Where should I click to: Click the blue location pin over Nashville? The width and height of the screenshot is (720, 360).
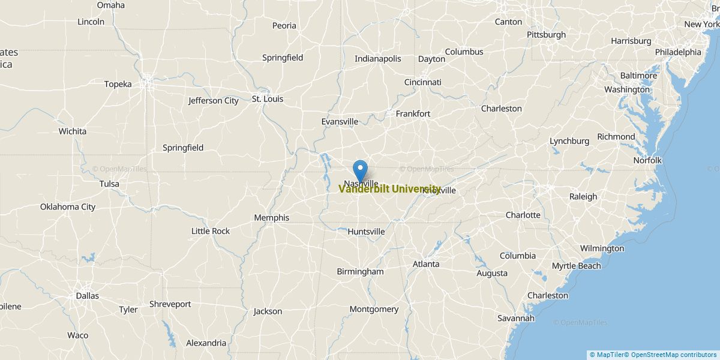click(360, 169)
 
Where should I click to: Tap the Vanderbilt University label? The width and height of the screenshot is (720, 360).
click(389, 189)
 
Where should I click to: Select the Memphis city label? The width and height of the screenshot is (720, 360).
click(271, 218)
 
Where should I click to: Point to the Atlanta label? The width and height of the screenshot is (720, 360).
click(425, 264)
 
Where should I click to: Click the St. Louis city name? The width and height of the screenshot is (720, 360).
click(267, 99)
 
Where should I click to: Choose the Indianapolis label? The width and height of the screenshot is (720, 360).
click(377, 59)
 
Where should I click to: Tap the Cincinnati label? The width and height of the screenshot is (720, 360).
click(422, 82)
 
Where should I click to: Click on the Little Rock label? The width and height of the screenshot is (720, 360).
click(210, 231)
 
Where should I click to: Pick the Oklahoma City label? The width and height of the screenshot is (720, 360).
click(68, 207)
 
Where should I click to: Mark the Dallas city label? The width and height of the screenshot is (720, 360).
click(87, 296)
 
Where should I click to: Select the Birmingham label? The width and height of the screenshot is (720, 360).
click(360, 272)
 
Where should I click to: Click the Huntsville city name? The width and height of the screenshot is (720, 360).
click(366, 232)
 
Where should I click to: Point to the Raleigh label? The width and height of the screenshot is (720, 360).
click(583, 196)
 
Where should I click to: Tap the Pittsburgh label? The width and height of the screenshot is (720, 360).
click(546, 35)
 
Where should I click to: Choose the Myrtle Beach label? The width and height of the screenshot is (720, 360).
click(576, 266)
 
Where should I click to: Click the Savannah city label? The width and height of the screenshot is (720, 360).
click(515, 318)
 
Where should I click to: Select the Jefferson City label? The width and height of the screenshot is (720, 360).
click(213, 101)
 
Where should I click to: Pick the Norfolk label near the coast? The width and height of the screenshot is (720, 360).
click(647, 160)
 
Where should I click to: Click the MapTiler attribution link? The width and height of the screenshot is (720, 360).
click(608, 355)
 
